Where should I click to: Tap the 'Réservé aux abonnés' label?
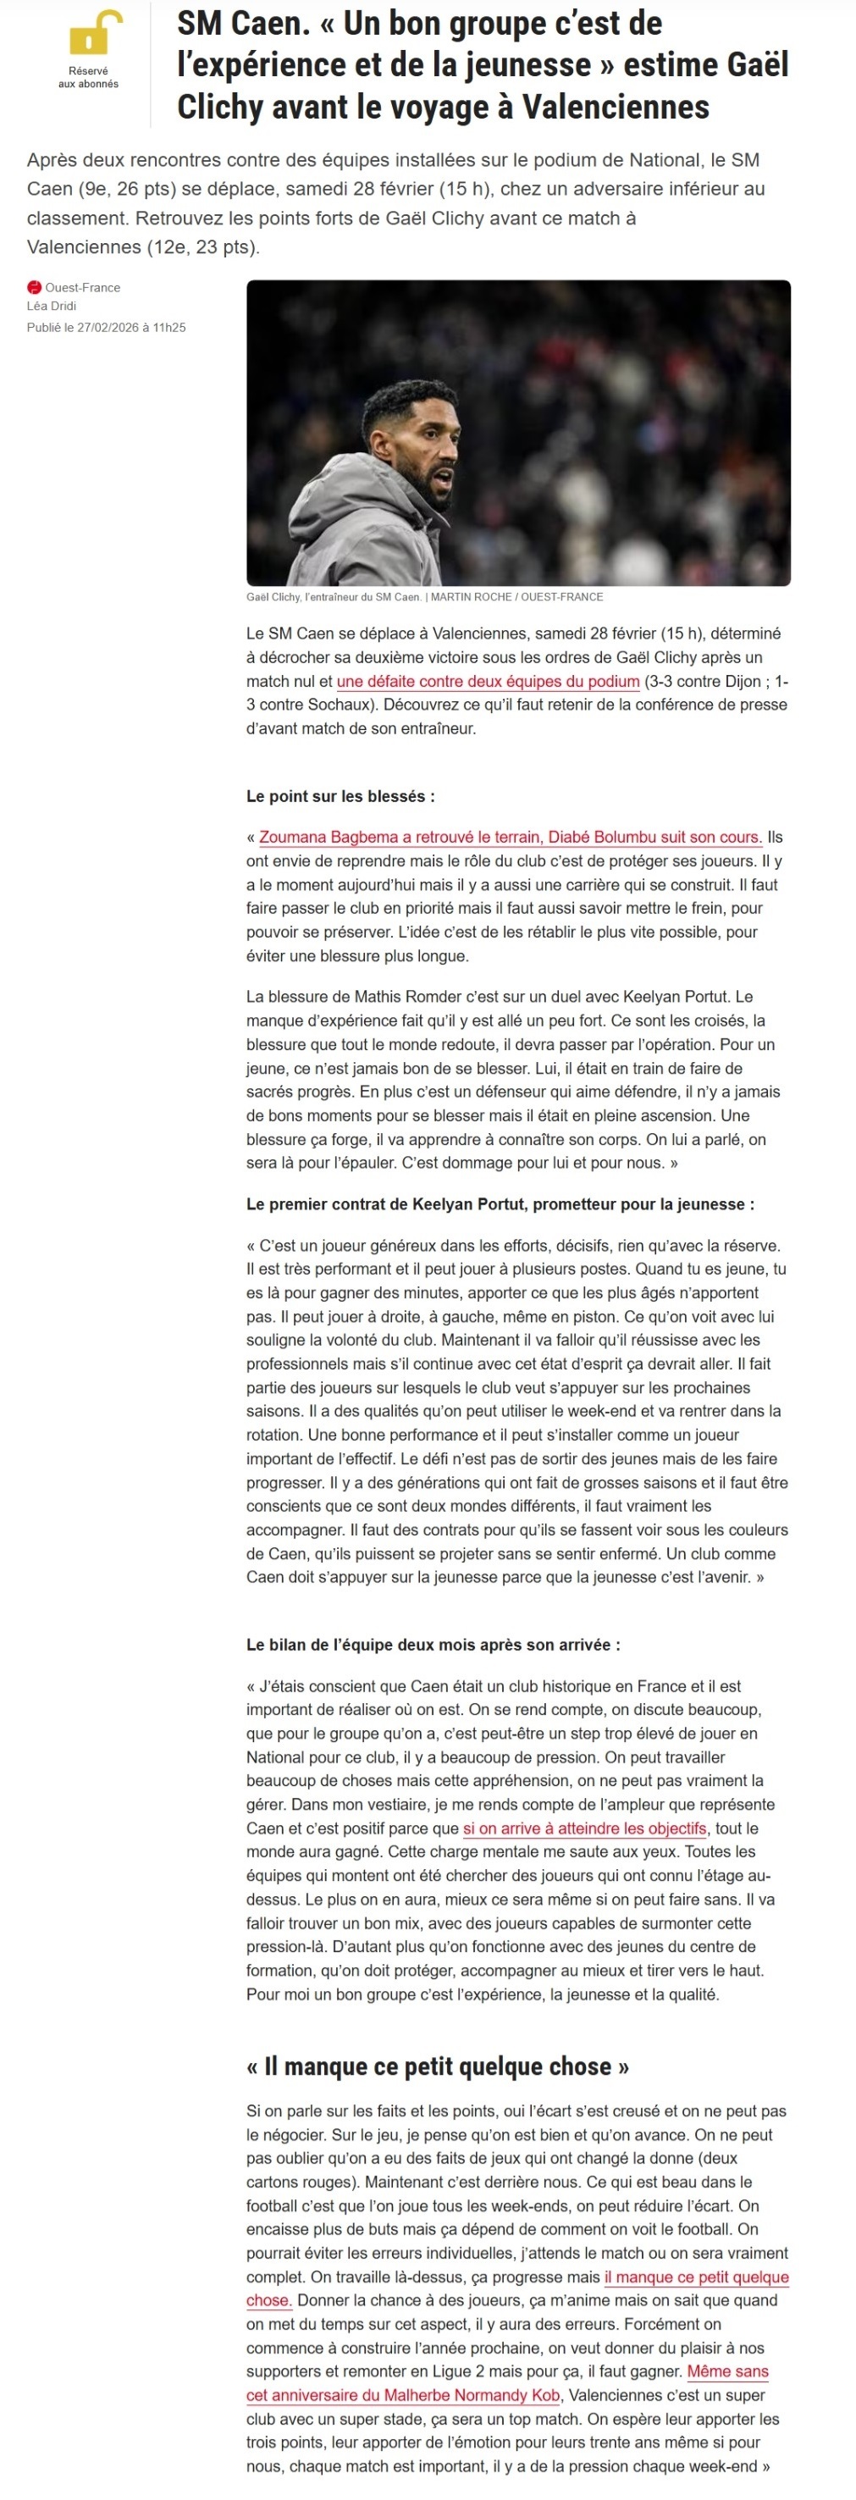(x=88, y=78)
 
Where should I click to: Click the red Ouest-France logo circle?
(x=34, y=287)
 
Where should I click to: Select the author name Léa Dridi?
(x=52, y=306)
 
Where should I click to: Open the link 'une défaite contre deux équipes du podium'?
(x=487, y=681)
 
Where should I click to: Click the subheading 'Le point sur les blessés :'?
(x=340, y=797)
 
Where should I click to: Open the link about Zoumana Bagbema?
(x=510, y=838)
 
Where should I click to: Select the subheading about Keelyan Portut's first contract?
(x=500, y=1204)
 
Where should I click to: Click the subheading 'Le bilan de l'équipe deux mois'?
(x=433, y=1645)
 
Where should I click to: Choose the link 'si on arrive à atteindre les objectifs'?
(x=584, y=1828)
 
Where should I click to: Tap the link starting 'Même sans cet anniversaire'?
(x=404, y=2395)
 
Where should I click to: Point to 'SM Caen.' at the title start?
(x=243, y=24)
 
